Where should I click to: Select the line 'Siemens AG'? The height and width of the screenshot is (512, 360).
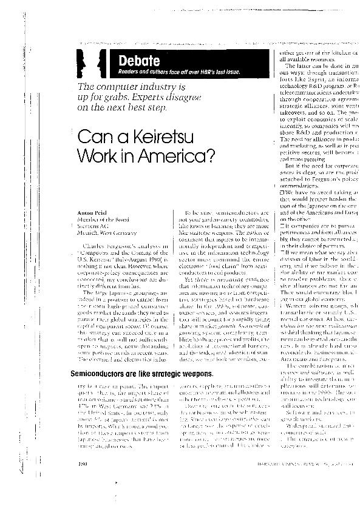point(91,226)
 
